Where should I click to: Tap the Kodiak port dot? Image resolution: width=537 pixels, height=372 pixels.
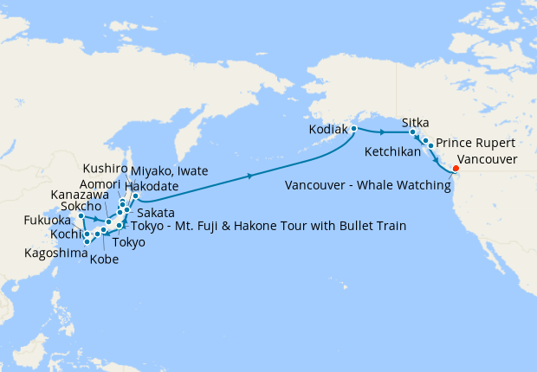354,128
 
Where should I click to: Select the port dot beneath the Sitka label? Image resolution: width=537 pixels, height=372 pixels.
413,133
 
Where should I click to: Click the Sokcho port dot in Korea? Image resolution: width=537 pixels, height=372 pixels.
81,216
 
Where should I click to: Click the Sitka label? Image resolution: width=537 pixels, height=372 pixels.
416,123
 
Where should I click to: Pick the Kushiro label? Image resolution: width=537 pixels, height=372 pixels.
105,169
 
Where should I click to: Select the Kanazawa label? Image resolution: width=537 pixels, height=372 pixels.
80,197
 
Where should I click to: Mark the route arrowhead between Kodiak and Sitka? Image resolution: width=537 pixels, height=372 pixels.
382,132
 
